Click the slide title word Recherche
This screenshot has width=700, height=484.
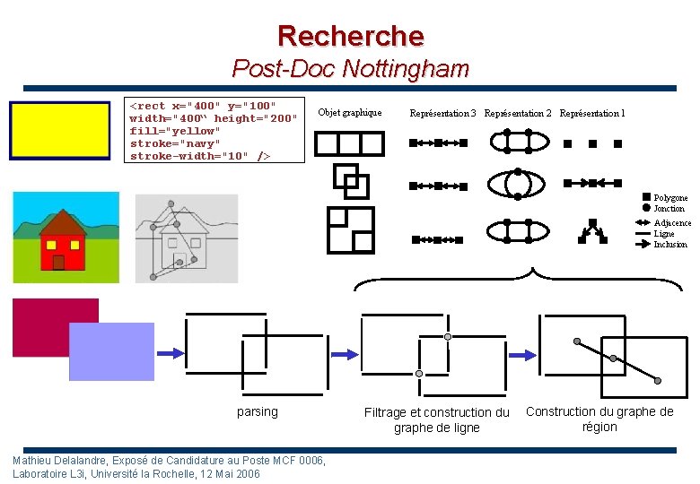click(350, 36)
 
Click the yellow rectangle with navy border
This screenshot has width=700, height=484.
click(59, 130)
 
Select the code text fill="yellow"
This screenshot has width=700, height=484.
click(175, 131)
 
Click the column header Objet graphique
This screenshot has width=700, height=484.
click(350, 113)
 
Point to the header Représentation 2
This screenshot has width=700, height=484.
click(518, 114)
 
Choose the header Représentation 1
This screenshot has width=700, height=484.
click(592, 114)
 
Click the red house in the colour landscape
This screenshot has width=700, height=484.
click(61, 245)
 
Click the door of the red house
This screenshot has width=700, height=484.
click(59, 262)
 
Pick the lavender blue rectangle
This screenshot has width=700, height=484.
click(111, 351)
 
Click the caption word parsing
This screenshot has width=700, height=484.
click(258, 411)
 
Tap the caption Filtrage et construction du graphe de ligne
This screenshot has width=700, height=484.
click(436, 419)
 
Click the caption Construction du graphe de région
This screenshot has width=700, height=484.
click(599, 419)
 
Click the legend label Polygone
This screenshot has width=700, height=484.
click(670, 197)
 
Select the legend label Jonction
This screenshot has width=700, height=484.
click(669, 209)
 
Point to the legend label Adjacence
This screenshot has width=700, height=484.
click(672, 222)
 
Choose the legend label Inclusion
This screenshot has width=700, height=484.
click(670, 244)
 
